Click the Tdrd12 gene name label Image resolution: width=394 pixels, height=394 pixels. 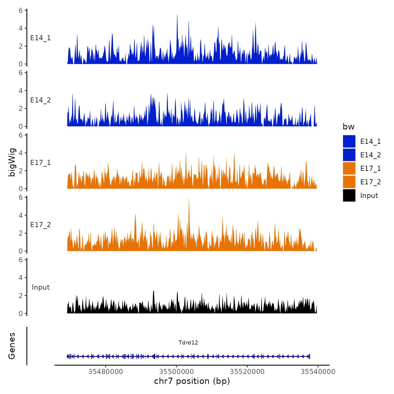click(188, 342)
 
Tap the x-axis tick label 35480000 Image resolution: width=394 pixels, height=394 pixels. click(106, 371)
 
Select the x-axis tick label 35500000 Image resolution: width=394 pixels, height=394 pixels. click(176, 371)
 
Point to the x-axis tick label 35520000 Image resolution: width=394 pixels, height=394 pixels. click(247, 371)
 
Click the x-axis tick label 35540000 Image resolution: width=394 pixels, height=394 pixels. click(318, 371)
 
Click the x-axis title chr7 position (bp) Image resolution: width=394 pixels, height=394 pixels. click(192, 381)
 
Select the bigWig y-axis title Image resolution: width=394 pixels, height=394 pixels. click(12, 162)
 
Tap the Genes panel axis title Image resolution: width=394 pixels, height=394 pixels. click(12, 346)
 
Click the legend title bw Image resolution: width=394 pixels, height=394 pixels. click(348, 127)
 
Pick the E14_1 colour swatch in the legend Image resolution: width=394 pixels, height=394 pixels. click(349, 141)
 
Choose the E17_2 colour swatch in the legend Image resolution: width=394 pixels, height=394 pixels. click(349, 182)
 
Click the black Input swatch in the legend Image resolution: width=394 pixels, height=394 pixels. click(349, 195)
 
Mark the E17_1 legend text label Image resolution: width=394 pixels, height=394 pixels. click(370, 169)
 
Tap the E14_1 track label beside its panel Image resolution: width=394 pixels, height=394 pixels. click(41, 38)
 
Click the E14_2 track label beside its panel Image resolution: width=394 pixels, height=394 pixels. click(41, 100)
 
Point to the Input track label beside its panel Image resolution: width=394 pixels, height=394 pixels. click(41, 287)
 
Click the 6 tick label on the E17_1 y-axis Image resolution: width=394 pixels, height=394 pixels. click(21, 135)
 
